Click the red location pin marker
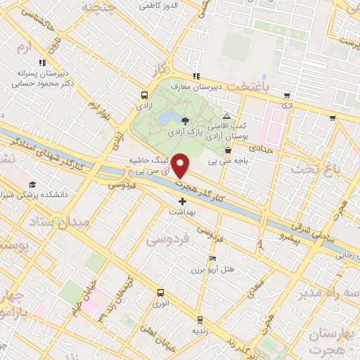click(x=181, y=165)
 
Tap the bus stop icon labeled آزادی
click(x=144, y=96)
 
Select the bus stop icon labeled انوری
click(x=160, y=292)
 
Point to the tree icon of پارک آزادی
click(x=185, y=121)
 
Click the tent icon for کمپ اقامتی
click(x=226, y=116)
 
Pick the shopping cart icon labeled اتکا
click(x=286, y=96)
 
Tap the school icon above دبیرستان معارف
click(x=196, y=76)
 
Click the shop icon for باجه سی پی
click(x=228, y=150)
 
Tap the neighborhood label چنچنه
click(x=101, y=6)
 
